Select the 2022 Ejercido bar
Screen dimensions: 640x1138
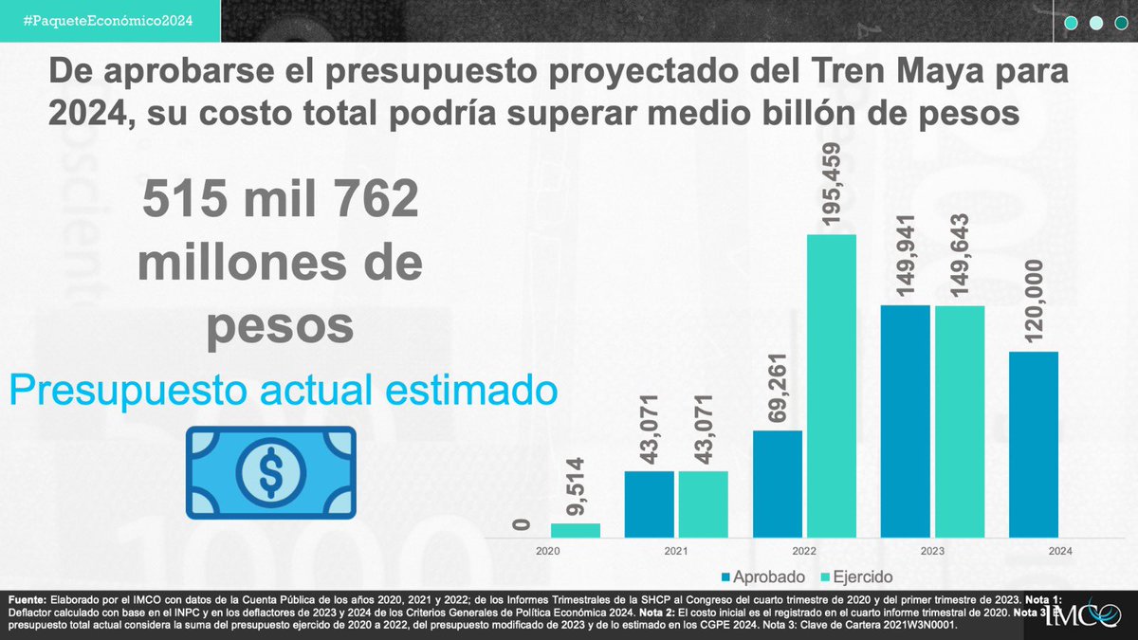[x=831, y=386]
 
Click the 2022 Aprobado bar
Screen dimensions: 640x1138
[x=778, y=484]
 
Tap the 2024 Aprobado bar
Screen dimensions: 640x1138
[x=1033, y=445]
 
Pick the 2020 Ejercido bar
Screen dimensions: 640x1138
[x=576, y=530]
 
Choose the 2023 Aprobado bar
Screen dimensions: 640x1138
[x=906, y=421]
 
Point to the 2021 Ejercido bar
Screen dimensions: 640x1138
[x=704, y=503]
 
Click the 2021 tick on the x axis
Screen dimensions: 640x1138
[x=676, y=550]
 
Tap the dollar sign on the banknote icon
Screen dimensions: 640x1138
[x=270, y=472]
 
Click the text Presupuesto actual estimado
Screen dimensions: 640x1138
[x=282, y=390]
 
